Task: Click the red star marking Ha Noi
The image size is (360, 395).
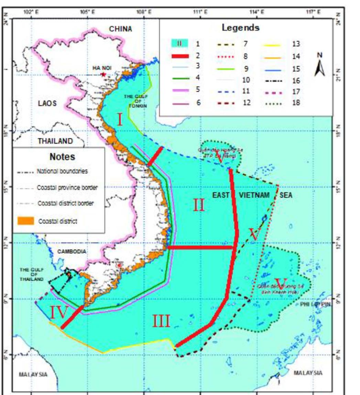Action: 102,74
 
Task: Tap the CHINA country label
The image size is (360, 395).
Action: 120,29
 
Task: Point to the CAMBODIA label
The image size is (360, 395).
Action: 72,252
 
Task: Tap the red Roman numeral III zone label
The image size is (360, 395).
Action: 161,322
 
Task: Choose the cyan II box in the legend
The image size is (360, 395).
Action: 179,44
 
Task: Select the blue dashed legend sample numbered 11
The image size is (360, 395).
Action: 226,92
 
